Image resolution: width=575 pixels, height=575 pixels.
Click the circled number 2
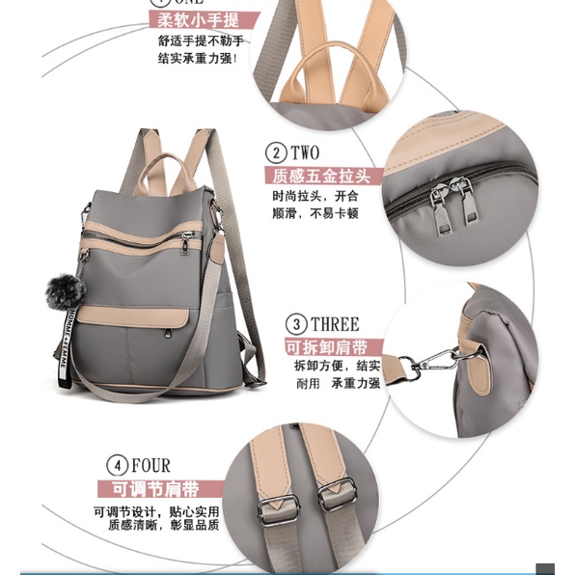click(275, 153)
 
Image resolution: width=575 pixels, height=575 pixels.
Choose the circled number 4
click(118, 465)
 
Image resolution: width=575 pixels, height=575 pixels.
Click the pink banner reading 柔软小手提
click(204, 19)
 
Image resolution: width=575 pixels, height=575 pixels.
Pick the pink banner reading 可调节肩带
click(160, 488)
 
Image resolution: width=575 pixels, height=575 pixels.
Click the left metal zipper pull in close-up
click(439, 203)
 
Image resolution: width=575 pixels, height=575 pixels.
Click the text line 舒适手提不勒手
click(201, 41)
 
